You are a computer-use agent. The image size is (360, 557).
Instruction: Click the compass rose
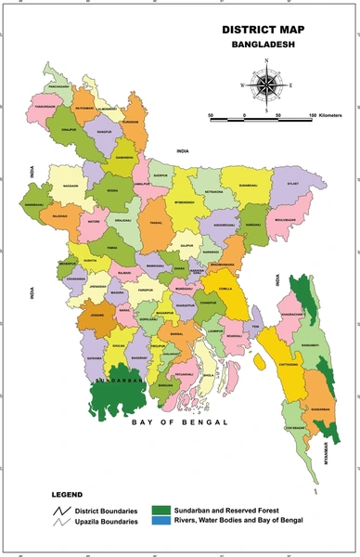coord(267,86)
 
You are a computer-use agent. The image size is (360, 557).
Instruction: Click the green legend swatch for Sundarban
coord(163,510)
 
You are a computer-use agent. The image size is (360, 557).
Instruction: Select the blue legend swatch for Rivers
coord(163,522)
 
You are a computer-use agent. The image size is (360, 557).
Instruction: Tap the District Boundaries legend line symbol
coord(62,511)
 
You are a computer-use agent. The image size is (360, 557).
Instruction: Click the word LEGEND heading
coord(66,496)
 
